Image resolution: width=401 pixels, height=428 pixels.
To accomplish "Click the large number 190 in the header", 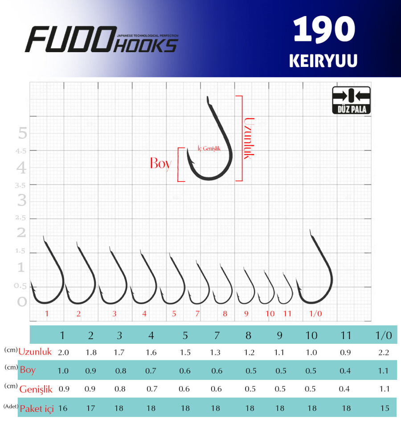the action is [324, 29].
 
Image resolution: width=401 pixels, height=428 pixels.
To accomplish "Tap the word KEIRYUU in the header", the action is [323, 61].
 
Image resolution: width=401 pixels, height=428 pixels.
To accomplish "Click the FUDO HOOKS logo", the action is [102, 39].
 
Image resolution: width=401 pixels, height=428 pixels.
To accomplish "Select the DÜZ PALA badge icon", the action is [352, 100].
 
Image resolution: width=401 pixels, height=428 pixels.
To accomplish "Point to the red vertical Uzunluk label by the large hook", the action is [249, 138].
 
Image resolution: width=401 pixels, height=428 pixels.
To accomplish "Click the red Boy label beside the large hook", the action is [161, 164].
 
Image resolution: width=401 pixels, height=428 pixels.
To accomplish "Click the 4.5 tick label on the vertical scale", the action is [21, 151].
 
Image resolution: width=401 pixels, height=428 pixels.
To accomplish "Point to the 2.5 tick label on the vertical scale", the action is [20, 218].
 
